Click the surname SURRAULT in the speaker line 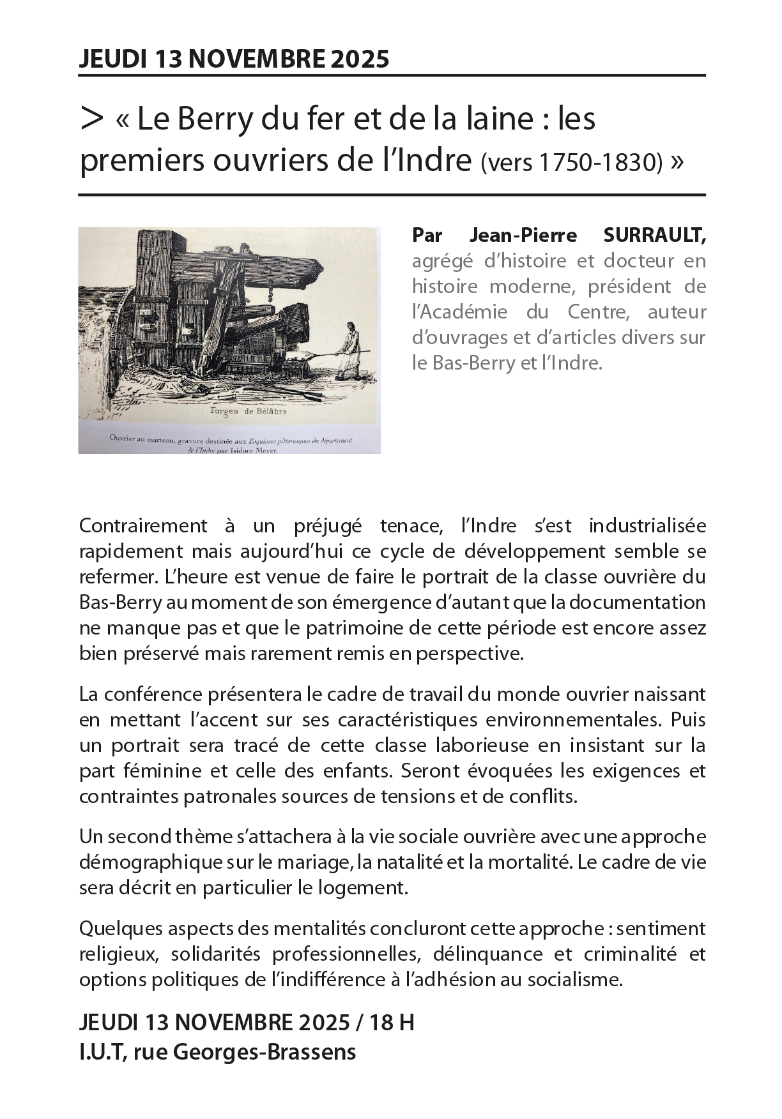point(654,236)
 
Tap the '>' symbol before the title point(92,119)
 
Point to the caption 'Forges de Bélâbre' point(249,412)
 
